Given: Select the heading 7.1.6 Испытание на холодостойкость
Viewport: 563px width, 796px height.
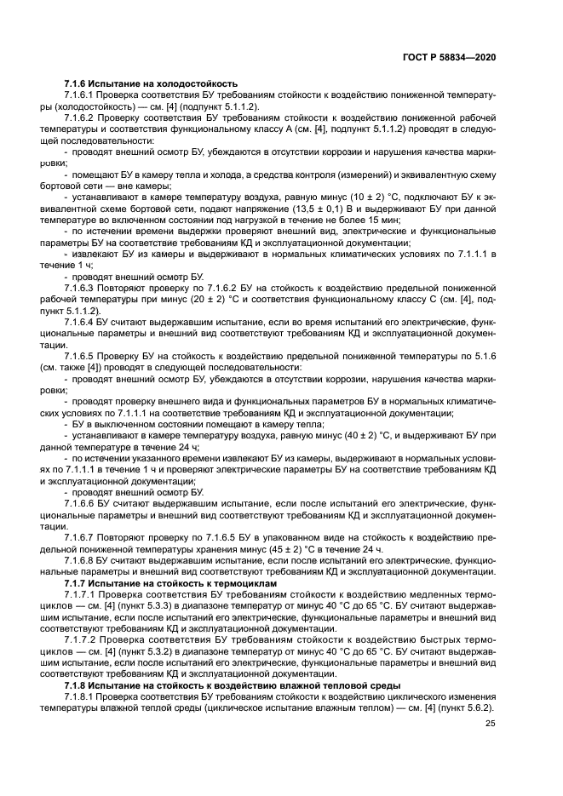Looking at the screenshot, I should (150, 84).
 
